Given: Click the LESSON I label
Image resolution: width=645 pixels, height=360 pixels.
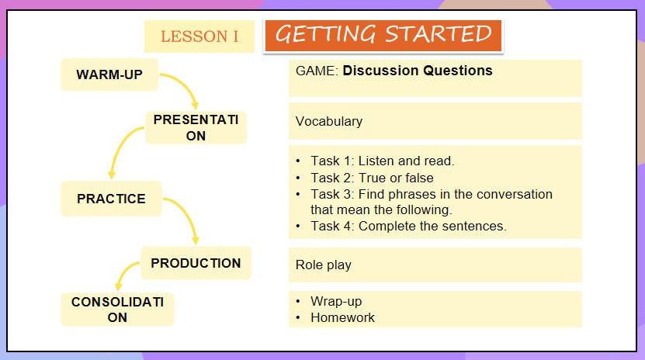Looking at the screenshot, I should pos(199,36).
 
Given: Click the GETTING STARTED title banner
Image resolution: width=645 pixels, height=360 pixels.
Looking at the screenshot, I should pos(383,35).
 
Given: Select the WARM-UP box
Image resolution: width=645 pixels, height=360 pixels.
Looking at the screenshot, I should pos(109,74).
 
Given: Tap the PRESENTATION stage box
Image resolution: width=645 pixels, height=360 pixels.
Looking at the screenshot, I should pos(196,127).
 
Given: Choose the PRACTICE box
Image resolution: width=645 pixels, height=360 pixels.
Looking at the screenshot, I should pos(111,199).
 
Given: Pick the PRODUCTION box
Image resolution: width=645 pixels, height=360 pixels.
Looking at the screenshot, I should pos(196,263).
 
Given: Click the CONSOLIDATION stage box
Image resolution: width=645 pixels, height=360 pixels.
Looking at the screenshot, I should pos(117,309).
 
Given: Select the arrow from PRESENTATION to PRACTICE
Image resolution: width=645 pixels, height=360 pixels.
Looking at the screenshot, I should pos(118,151).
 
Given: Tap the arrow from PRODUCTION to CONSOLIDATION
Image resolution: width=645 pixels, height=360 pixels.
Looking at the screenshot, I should pos(124,274).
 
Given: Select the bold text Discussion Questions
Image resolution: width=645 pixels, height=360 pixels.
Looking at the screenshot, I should pos(418,71).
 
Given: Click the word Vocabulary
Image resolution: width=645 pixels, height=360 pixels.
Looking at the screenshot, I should pos(329,121).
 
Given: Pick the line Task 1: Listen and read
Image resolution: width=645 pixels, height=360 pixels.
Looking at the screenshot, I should pos(383,161).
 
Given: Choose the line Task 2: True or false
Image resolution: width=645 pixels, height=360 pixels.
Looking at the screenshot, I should pos(372,178).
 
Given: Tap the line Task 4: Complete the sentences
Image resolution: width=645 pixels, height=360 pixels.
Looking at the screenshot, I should pos(408,226).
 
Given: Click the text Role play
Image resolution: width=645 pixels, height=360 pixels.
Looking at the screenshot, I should pos(324,265).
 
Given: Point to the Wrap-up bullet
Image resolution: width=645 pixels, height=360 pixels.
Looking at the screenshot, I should pos(336,301).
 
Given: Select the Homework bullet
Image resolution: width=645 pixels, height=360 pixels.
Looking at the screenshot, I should pos(342,317).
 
